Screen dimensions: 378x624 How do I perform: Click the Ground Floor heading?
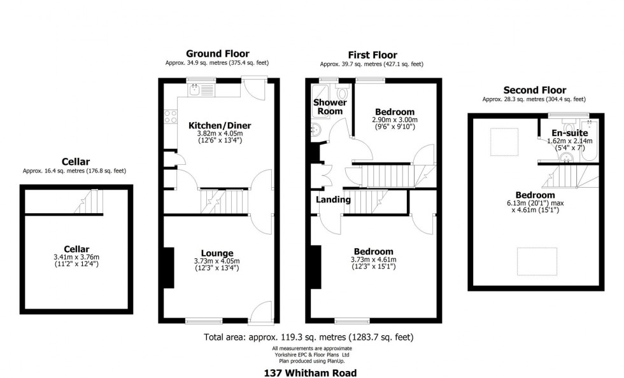point(217,53)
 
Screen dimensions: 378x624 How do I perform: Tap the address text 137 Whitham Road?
point(311,373)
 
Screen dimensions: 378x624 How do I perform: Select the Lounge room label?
point(217,253)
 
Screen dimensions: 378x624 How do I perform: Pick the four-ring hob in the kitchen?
point(170,116)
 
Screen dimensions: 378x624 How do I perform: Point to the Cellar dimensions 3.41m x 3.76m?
point(76,257)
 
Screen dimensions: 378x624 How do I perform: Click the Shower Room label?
point(330,107)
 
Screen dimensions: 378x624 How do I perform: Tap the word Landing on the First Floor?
point(334,199)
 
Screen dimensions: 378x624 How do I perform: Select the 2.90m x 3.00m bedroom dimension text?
point(394,120)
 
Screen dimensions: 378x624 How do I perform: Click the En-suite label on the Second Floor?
point(570,133)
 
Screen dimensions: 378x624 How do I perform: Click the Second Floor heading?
point(534,90)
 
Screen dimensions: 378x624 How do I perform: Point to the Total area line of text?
point(311,337)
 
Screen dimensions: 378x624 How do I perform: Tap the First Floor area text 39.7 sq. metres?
point(371,64)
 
